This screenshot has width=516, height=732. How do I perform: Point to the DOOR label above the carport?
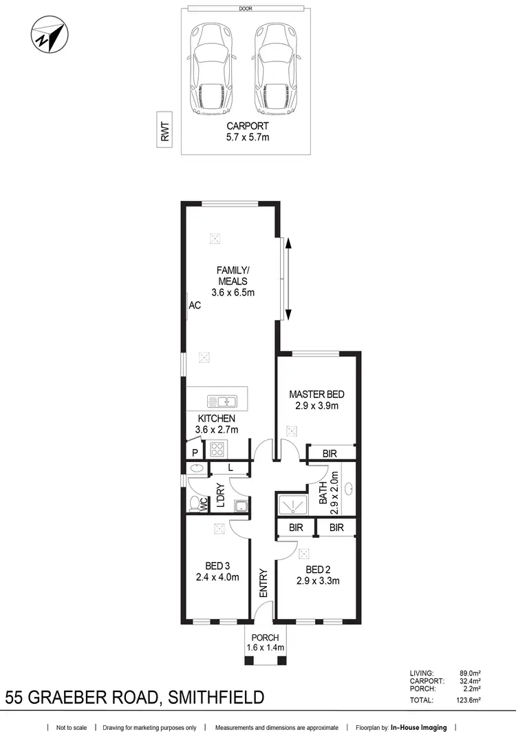[246, 9]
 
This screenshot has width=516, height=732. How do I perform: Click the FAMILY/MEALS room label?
[232, 275]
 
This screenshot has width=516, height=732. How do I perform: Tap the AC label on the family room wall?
[195, 305]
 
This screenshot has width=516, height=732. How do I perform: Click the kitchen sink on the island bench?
[222, 401]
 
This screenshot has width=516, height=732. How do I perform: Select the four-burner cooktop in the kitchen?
[219, 450]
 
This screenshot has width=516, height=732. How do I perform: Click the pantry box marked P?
[195, 452]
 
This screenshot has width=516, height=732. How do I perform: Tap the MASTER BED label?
[316, 395]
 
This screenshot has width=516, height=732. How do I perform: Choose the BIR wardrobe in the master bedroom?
[330, 452]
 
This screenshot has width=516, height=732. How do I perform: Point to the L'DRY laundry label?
[220, 496]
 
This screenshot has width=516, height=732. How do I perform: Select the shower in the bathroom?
[294, 504]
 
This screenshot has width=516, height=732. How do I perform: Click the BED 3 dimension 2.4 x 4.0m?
[217, 578]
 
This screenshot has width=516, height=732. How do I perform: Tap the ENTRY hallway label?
[263, 583]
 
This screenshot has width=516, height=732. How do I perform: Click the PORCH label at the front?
[265, 638]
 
